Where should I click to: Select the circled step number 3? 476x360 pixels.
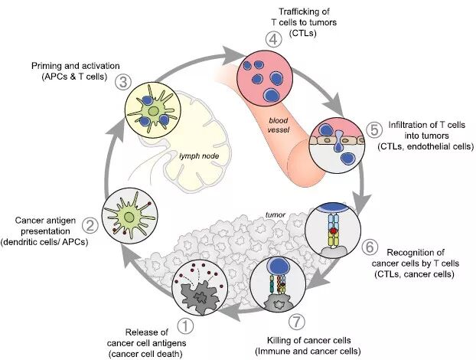[120, 80]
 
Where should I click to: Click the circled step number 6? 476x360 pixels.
[369, 247]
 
